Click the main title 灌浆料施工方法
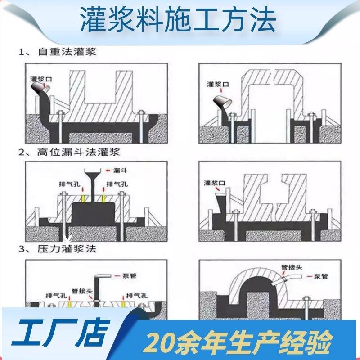[x=178, y=19]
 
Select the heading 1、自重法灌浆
[x=58, y=52]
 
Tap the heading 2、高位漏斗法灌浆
[x=69, y=152]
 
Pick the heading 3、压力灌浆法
[x=58, y=249]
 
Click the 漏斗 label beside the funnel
[x=120, y=171]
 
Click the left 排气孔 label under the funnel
[x=69, y=184]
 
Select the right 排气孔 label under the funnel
[x=117, y=184]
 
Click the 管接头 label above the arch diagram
[x=292, y=267]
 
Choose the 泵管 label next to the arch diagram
[x=321, y=276]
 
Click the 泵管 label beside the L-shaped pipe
[x=130, y=276]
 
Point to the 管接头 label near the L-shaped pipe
[x=82, y=291]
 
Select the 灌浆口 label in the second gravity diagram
[x=218, y=84]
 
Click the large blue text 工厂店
[x=60, y=332]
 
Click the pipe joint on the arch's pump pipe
[x=284, y=279]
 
